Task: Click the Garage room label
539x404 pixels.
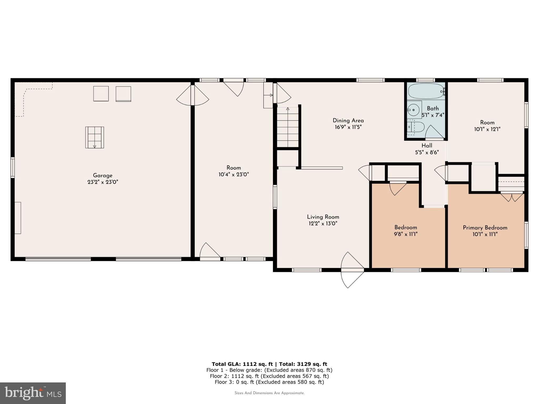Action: tap(103, 175)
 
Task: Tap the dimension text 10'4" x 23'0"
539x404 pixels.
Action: tap(234, 174)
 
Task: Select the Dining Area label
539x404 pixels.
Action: tap(348, 120)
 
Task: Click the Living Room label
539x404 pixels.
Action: tap(323, 217)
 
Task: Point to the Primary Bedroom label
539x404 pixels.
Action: tap(485, 228)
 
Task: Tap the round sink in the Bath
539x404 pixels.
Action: tap(413, 109)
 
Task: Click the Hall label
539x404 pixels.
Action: tap(427, 146)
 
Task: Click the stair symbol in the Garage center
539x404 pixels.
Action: tap(94, 138)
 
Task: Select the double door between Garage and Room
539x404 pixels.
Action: tap(193, 95)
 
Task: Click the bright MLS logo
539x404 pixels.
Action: tap(33, 393)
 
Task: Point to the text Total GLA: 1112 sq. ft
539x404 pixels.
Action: tap(242, 364)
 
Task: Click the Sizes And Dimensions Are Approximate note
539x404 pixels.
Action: tap(269, 393)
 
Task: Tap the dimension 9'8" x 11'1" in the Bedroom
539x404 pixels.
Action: tap(406, 234)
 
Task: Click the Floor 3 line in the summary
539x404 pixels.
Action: tap(269, 382)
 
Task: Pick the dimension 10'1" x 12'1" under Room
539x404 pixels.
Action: tap(487, 129)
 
